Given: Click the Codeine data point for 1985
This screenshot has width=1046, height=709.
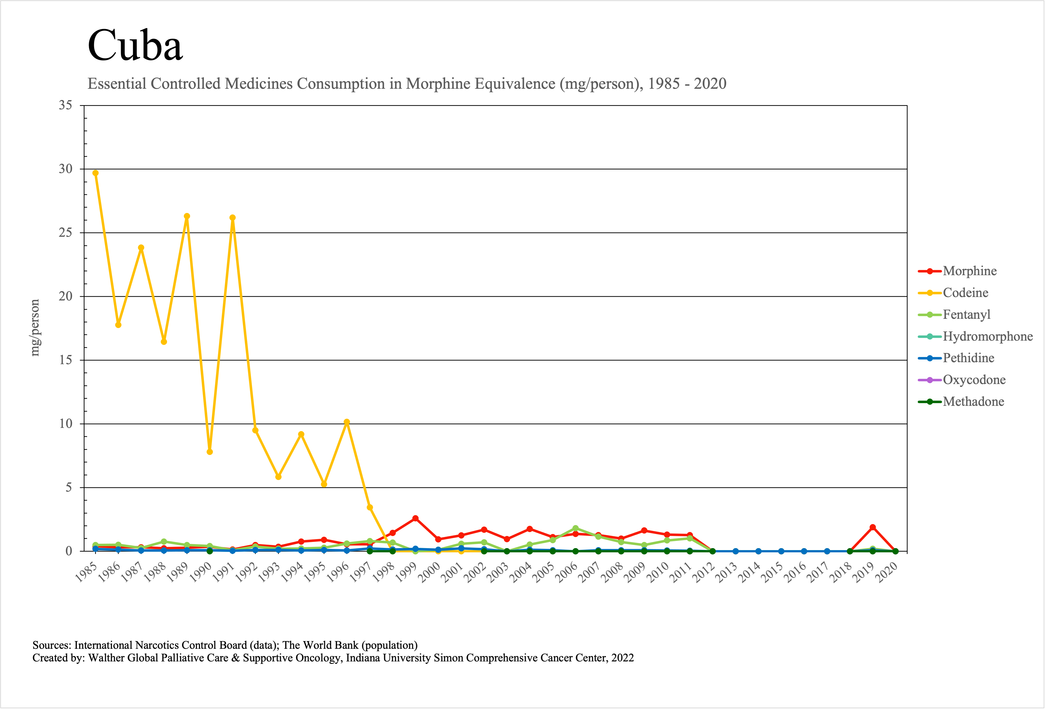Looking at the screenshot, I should (95, 173).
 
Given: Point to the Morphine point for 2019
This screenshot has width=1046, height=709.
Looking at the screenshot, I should (873, 527).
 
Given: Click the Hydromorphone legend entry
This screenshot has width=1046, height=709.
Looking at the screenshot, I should (988, 336).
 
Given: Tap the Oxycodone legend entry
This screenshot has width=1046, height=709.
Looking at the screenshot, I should (974, 380).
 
